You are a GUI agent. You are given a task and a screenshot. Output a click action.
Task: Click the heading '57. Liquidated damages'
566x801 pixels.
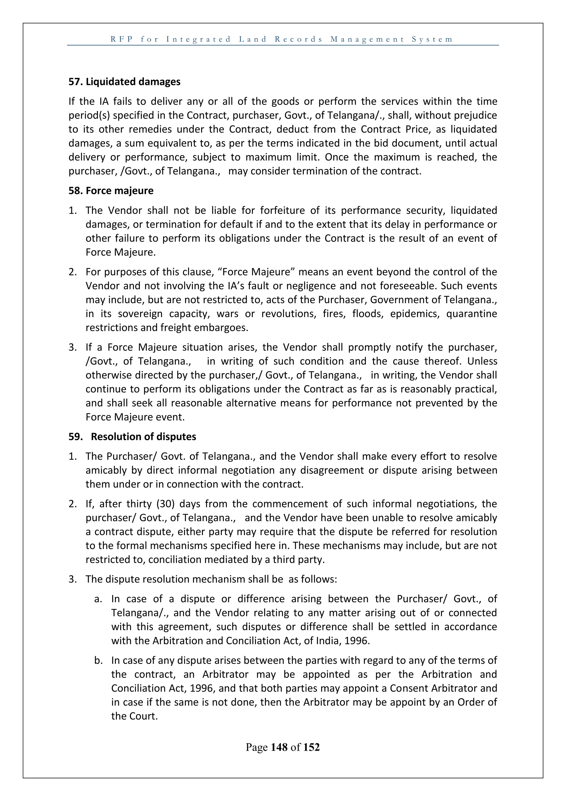point(124,82)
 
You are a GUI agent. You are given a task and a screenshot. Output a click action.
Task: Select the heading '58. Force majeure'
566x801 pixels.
point(111,191)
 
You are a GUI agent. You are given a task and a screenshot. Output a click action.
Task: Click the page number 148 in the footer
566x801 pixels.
point(279,747)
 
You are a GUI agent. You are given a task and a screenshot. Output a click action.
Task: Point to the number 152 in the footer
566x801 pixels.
point(311,747)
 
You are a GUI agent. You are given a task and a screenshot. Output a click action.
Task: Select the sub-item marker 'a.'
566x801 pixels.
point(98,599)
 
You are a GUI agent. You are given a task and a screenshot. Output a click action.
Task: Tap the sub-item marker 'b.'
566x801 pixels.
point(98,660)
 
